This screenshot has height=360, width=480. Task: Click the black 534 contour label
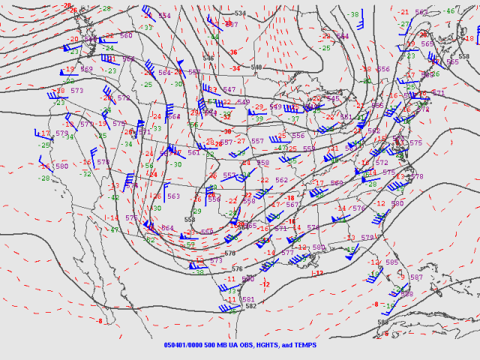click(x=240, y=13)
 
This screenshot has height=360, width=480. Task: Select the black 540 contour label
click(x=256, y=67)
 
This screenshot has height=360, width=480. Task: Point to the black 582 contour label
click(x=250, y=305)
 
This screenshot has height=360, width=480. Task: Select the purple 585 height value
click(x=391, y=262)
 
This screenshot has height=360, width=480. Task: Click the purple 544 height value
click(x=343, y=36)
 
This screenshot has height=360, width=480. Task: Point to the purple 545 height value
click(x=333, y=98)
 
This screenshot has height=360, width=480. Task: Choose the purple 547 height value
click(x=229, y=89)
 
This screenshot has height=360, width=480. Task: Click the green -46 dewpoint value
click(x=450, y=10)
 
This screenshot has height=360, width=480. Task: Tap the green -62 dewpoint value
click(x=149, y=240)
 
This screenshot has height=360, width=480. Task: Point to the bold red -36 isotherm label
click(x=234, y=52)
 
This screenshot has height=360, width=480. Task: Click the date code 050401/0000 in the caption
click(x=185, y=346)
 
